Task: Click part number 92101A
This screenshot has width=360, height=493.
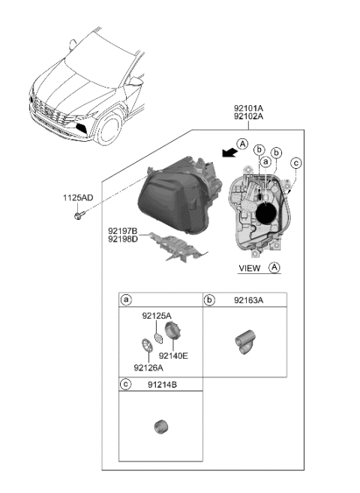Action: pos(254,108)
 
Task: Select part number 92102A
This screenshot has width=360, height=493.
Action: pos(254,117)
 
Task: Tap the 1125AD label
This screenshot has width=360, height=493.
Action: pos(77,198)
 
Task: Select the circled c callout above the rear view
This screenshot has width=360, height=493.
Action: pos(296,163)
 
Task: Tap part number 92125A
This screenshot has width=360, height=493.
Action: pos(157,317)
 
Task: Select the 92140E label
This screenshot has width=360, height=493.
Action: pos(173,355)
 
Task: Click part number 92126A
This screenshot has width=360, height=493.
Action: pos(148,368)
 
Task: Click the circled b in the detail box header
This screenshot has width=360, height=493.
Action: pos(210,300)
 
